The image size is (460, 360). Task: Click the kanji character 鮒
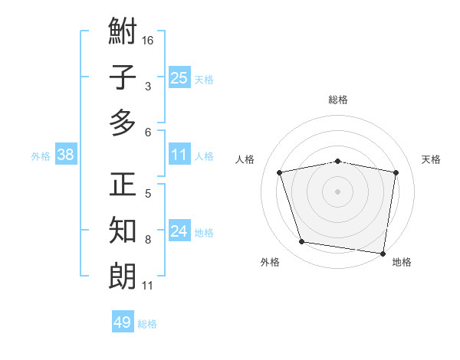point(123,32)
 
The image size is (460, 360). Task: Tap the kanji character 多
point(123,123)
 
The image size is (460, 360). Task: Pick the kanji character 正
point(123,185)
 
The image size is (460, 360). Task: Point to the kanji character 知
point(123,231)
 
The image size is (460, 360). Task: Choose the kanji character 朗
point(123,276)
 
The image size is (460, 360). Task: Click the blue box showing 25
point(179,78)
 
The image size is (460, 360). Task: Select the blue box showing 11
point(179,155)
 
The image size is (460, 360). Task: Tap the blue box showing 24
point(179,231)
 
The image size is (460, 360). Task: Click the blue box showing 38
point(66,155)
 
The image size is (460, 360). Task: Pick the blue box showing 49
point(123,322)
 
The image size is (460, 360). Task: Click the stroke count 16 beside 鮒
point(148,40)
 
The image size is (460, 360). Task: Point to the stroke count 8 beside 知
point(148,240)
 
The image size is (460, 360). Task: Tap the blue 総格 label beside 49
point(147,324)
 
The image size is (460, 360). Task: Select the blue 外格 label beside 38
point(41,156)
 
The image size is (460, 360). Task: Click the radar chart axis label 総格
point(337,100)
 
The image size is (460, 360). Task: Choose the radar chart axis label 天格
point(431,159)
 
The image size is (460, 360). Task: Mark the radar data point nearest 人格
point(280,172)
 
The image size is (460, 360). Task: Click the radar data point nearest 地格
point(383,253)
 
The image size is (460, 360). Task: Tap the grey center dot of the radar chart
point(337,191)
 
